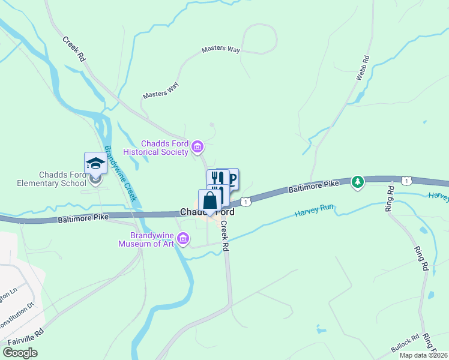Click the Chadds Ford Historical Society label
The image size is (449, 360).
point(164,148)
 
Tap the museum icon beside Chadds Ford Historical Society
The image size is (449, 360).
point(197,146)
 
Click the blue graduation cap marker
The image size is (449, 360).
point(95,162)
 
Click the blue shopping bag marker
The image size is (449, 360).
point(209,200)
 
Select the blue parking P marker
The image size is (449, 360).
point(231,177)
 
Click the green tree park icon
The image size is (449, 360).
point(358,181)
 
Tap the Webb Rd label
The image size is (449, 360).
point(361,68)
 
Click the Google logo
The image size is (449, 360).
point(20,353)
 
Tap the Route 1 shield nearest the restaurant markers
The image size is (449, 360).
point(245,201)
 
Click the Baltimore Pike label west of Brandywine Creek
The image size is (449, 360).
point(83,218)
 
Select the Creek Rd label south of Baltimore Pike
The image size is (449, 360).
point(224,236)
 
